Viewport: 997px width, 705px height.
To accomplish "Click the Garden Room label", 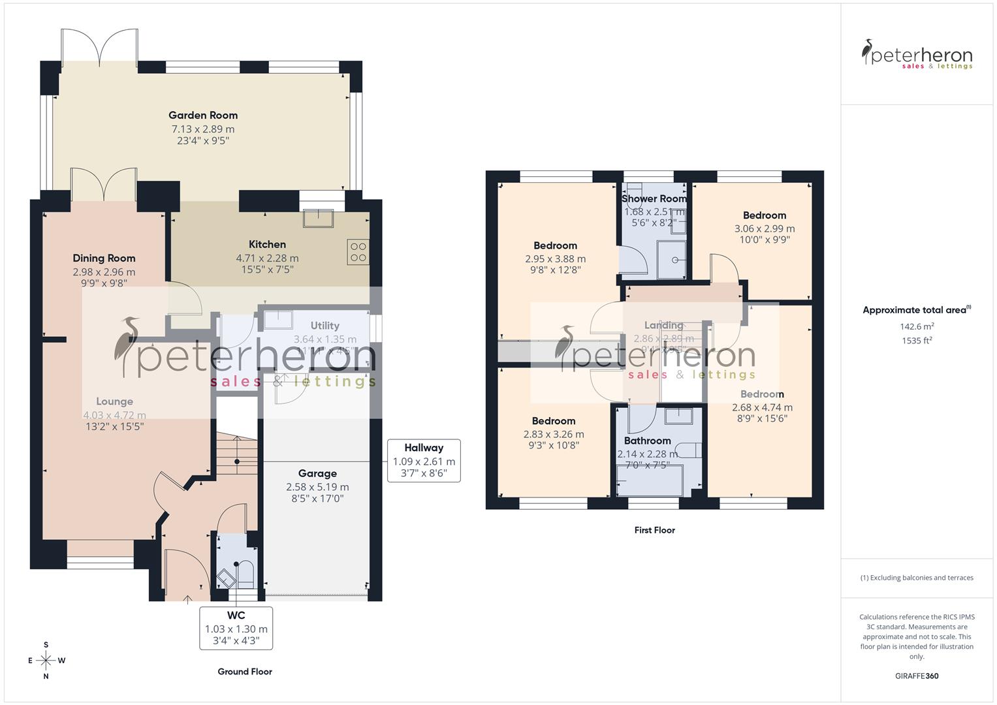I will point(203,116).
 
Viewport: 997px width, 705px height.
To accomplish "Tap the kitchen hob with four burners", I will point(358,252).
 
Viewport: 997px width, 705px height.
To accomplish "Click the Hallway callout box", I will point(424,460).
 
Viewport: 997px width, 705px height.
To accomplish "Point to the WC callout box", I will point(236,628).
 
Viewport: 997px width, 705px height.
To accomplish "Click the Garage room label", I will point(317,473).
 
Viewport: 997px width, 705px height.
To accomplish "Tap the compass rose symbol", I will point(46,660).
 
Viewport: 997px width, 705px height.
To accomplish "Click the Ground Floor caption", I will point(245,671).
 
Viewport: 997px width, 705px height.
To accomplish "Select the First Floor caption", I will point(654,530).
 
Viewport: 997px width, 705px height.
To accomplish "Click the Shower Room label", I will point(654,198).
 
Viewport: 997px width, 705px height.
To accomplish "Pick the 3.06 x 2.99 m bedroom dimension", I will point(765,228).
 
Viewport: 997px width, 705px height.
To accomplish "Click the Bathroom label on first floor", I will point(647,441).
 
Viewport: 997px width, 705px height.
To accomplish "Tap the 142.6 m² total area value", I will point(917,326).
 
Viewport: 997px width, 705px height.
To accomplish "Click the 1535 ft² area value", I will point(917,340).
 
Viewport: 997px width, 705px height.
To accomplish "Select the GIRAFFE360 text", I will point(917,676).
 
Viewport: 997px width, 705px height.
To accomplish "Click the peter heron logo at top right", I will point(917,55).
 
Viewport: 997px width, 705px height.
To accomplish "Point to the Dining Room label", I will point(104,258).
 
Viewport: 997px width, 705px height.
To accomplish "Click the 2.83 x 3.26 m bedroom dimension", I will point(554,434).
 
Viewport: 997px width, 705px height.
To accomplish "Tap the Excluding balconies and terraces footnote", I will point(917,578).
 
